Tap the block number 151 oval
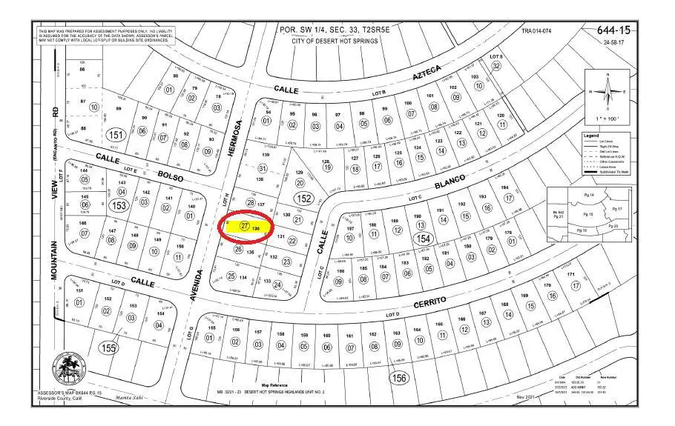[x=115, y=136]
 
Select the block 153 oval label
[x=119, y=205]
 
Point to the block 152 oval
[x=303, y=199]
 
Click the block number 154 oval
[x=423, y=239]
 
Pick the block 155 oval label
[x=110, y=347]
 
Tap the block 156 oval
[x=399, y=378]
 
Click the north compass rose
[x=607, y=93]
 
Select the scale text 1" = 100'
[x=607, y=119]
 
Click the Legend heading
[x=591, y=136]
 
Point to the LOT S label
[x=496, y=56]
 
